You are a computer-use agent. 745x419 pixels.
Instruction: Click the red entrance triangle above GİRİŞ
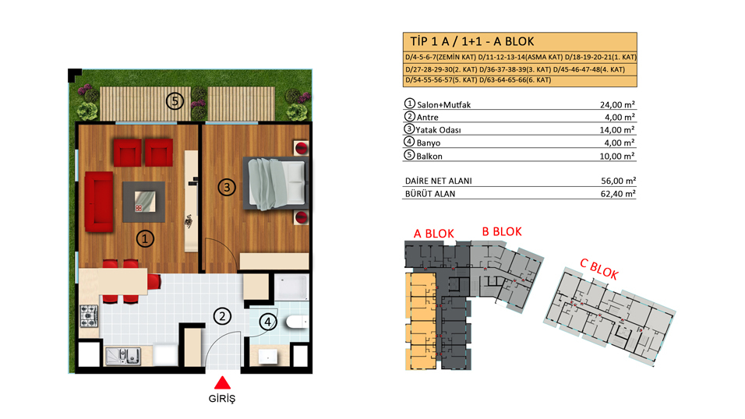pos(222,383)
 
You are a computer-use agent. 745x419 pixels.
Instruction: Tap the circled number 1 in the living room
pos(145,238)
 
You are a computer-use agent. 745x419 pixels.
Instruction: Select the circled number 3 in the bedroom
pos(227,187)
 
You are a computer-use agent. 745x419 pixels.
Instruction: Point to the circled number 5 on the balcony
pos(175,100)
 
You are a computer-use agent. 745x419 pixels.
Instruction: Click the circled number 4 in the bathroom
pos(267,322)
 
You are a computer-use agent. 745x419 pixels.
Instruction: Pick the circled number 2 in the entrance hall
pos(222,316)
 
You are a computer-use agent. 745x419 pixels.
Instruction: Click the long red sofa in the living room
pos(99,202)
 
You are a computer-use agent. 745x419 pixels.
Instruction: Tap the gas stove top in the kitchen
pos(89,316)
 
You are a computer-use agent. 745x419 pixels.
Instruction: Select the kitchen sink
pos(123,356)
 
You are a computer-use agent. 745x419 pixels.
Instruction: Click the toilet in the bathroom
pos(297,322)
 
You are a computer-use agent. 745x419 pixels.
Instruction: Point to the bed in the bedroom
pos(276,183)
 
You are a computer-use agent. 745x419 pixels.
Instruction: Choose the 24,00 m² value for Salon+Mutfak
pos(617,104)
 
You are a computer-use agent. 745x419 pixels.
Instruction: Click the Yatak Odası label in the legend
pos(438,130)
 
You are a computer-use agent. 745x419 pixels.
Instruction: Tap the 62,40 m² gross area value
pos(618,194)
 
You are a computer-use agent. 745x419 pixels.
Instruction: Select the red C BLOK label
pos(599,269)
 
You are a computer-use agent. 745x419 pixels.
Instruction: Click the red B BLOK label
pos(502,232)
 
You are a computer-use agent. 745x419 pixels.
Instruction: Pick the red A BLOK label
pos(434,234)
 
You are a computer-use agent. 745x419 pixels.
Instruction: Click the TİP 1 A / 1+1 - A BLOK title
pos(472,42)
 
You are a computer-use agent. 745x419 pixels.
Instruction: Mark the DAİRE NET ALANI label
pos(439,181)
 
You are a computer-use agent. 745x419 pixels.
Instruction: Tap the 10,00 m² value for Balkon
pos(617,156)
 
